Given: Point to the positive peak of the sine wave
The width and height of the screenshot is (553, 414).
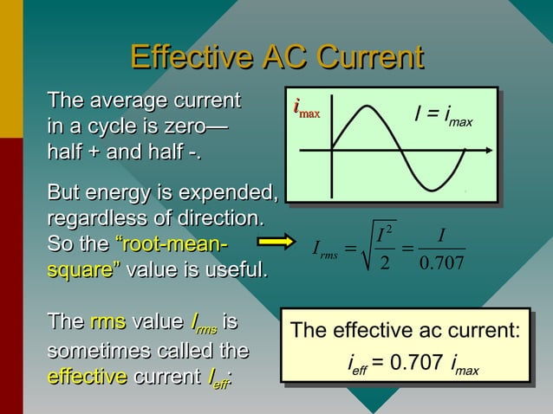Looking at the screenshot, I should click(367, 107).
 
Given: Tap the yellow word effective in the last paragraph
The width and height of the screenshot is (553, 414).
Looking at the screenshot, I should click(87, 378).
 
